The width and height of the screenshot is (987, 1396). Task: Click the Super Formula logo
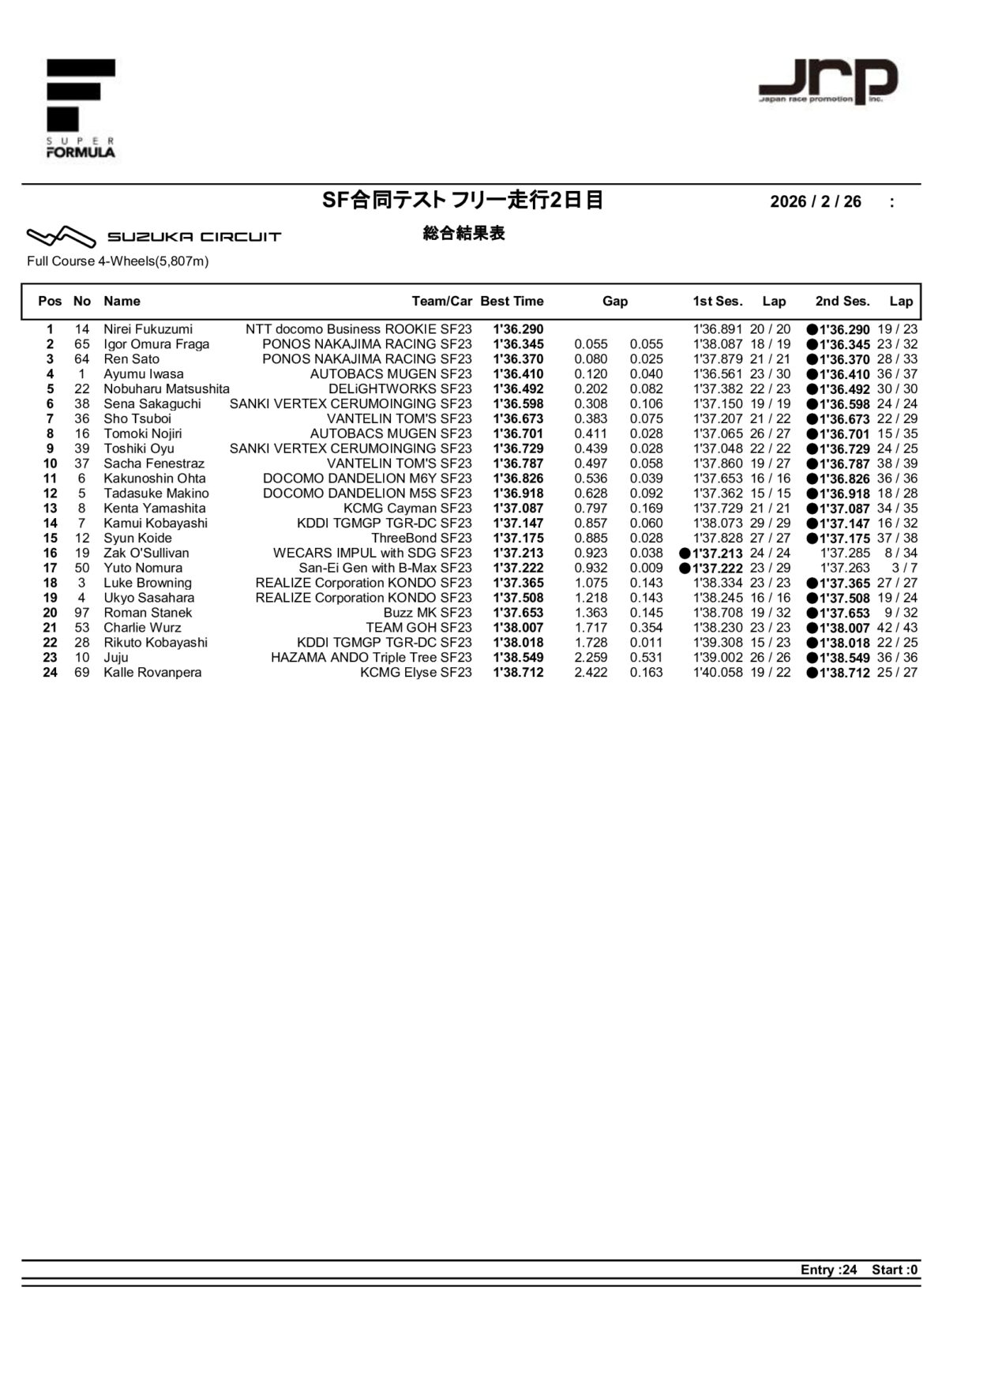pos(81,108)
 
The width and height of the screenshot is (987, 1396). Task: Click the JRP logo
pos(828,81)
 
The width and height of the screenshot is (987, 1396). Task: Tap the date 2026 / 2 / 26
pos(816,201)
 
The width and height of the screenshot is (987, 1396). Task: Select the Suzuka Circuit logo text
pos(194,237)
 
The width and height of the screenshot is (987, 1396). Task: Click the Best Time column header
pos(512,301)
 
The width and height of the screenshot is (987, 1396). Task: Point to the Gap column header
pos(615,301)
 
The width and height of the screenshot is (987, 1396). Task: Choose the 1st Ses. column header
pos(718,301)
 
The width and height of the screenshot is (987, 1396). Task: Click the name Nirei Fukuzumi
pos(148,329)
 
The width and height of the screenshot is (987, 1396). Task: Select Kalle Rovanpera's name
pos(152,673)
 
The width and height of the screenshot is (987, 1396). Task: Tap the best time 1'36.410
pos(518,374)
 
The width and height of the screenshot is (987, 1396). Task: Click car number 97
pos(82,613)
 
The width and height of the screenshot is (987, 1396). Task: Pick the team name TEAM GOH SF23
pos(418,628)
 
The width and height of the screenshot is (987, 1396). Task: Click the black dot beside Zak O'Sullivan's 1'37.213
pos(685,554)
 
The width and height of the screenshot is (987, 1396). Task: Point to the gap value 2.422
pos(591,673)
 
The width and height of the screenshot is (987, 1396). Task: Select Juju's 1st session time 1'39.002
pos(718,658)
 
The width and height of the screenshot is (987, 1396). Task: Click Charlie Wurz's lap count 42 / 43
pos(897,628)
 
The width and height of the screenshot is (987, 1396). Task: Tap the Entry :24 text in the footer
pos(828,1270)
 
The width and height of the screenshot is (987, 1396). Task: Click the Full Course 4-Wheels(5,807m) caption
pos(118,261)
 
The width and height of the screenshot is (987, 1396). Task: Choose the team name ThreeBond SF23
pos(422,539)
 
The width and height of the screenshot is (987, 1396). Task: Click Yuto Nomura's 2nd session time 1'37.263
pos(845,569)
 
